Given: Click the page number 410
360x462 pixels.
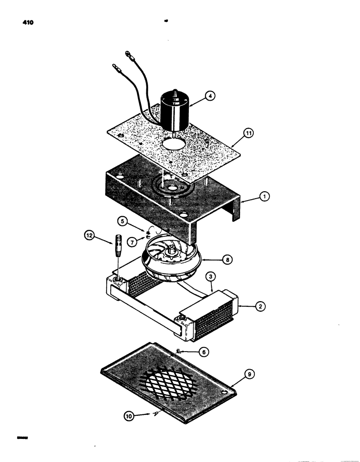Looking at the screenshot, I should point(21,22).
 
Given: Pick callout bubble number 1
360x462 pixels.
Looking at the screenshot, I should point(264,196).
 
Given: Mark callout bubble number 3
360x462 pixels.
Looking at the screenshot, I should point(211,277).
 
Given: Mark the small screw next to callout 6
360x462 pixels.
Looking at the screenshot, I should point(180,353).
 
